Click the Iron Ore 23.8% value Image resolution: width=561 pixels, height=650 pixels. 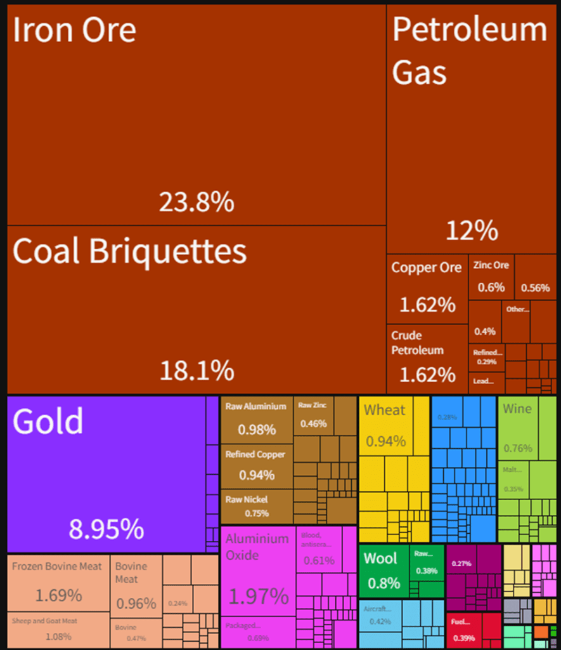click(x=197, y=203)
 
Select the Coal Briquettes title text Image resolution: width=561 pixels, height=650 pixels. click(x=129, y=251)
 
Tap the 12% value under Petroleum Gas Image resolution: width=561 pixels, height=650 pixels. click(x=472, y=231)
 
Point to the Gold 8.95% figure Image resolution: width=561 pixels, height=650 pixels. click(x=106, y=529)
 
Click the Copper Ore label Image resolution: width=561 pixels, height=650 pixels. click(x=426, y=268)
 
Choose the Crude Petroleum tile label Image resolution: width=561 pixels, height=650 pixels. click(x=416, y=343)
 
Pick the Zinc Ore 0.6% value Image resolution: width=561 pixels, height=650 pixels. click(x=491, y=287)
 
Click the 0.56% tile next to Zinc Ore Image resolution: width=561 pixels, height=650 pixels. click(x=535, y=288)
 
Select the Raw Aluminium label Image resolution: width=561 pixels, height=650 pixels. click(x=256, y=406)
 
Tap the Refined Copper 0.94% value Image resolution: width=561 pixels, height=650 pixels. click(x=257, y=475)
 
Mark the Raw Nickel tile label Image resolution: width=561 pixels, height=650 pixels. click(x=247, y=500)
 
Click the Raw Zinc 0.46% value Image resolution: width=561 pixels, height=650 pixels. click(x=314, y=423)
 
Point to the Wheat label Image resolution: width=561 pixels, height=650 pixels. click(x=384, y=410)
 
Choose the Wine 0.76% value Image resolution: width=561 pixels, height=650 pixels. click(x=518, y=448)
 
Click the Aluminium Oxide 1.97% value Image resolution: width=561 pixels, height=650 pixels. click(x=258, y=597)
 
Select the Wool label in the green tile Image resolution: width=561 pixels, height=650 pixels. click(x=380, y=559)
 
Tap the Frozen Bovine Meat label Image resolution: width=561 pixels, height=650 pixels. click(x=57, y=566)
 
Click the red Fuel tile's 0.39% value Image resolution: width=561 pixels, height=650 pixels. click(x=464, y=637)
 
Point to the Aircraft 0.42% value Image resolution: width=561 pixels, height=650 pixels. click(x=380, y=622)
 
